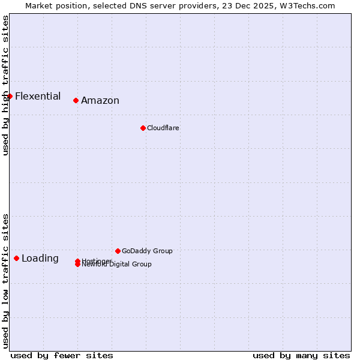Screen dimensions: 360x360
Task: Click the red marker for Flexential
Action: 10,96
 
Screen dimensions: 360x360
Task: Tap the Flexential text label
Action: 38,96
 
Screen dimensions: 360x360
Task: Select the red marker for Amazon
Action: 76,100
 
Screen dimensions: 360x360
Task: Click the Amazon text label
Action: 100,101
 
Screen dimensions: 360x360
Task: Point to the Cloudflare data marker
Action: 143,128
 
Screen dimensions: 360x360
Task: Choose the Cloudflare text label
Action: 163,128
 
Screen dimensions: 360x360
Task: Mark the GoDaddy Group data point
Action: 118,251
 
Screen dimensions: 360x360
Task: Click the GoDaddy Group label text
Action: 147,251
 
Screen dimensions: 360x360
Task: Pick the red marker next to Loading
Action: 16,258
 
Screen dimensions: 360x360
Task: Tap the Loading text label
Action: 40,259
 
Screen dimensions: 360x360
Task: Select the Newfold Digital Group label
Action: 117,265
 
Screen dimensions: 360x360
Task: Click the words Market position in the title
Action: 52,5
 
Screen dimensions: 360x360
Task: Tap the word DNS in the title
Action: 131,5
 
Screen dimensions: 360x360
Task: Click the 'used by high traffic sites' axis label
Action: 5,85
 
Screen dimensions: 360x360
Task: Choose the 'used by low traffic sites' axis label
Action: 5,280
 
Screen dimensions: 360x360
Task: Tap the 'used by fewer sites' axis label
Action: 62,355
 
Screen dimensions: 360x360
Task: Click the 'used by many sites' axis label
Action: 301,355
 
